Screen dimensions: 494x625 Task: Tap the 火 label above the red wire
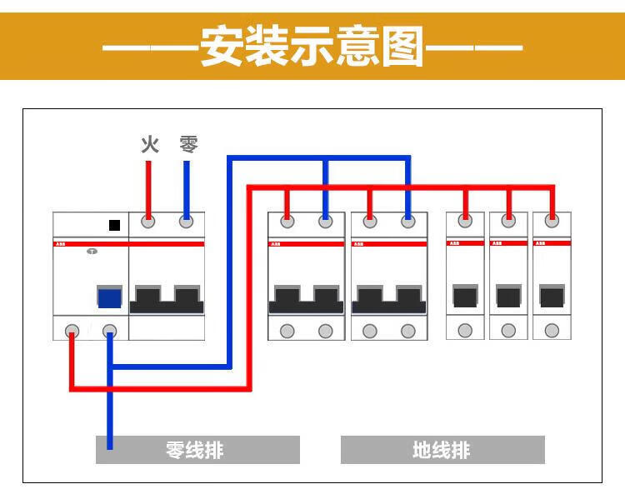coord(149,145)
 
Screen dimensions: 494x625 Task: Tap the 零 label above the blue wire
coord(188,145)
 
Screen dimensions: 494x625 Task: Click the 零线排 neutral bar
coord(197,451)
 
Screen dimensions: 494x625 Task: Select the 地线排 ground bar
coord(442,451)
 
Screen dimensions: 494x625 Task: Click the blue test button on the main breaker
coord(109,298)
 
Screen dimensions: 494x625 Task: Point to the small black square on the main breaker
coord(114,225)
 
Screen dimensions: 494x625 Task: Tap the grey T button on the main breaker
coord(92,251)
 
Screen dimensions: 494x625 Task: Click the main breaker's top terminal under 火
coord(148,222)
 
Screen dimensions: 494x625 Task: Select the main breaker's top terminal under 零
coord(187,222)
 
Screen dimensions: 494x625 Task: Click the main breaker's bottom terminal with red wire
coord(72,331)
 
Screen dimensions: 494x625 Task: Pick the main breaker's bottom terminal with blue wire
coord(109,331)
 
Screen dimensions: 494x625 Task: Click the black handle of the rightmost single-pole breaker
coord(552,297)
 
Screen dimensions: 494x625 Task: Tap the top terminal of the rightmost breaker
coord(552,222)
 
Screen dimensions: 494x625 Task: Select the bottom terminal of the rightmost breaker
coord(552,331)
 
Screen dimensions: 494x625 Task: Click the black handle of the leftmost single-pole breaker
coord(465,297)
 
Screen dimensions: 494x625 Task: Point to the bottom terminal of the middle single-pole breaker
coord(508,331)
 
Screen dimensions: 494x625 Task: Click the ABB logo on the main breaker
coord(62,244)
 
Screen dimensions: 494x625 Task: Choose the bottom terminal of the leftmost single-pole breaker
coord(465,331)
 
